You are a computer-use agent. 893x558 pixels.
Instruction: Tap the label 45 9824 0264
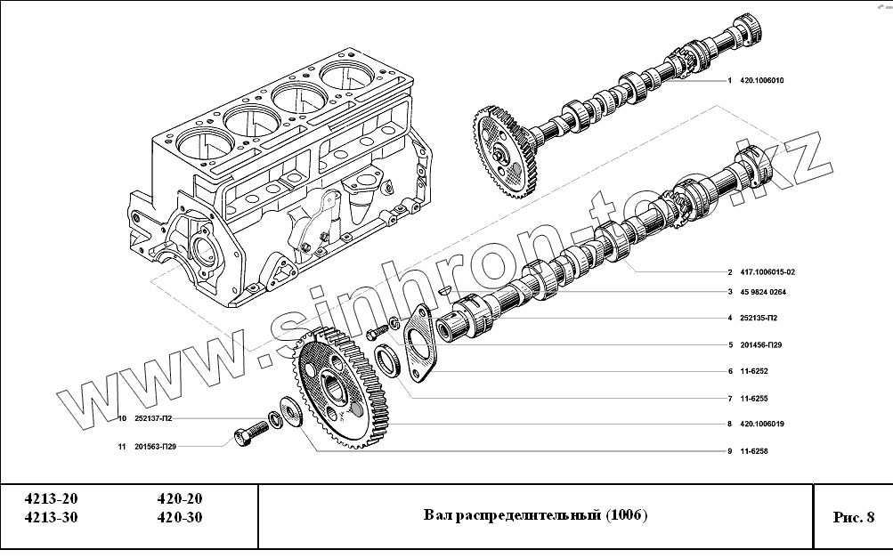pos(762,292)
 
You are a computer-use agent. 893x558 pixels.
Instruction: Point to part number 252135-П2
pos(758,318)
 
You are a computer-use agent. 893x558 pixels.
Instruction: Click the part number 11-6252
pos(752,371)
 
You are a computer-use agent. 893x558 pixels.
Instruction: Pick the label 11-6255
pos(752,398)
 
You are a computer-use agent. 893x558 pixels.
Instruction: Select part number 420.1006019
pos(760,425)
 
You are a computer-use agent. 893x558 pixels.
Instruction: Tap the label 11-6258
pos(752,451)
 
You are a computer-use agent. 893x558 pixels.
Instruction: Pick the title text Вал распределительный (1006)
pos(535,515)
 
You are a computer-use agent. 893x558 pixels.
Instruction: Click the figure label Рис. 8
pos(853,517)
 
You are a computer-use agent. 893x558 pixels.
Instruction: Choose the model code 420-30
pos(179,518)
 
